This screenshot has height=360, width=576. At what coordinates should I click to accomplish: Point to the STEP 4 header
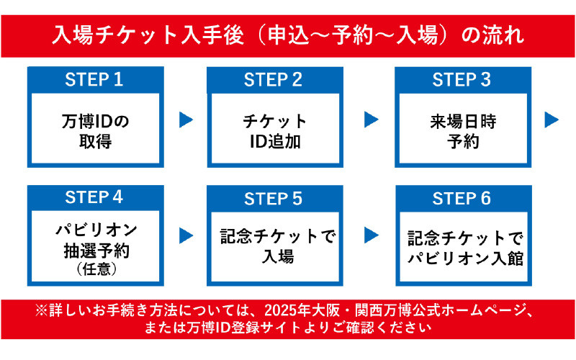click(x=95, y=197)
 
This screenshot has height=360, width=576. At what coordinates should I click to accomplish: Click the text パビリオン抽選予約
click(x=95, y=241)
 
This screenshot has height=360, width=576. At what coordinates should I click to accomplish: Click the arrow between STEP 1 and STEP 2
click(x=186, y=120)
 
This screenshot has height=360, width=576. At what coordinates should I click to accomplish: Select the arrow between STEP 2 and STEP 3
click(x=372, y=120)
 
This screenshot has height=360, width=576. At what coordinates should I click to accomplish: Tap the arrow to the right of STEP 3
click(x=552, y=120)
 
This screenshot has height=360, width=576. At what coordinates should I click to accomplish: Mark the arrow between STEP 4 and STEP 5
click(x=186, y=235)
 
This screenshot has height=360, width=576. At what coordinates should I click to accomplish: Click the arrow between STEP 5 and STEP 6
click(x=372, y=235)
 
